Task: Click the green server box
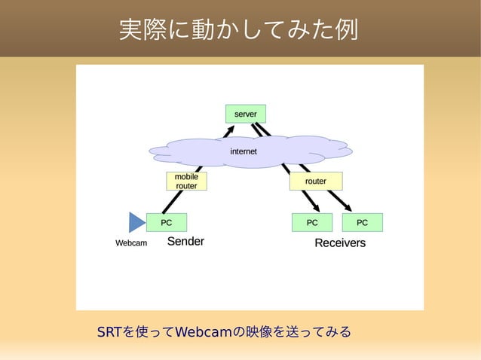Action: pyautogui.click(x=245, y=114)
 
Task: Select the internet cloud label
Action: pyautogui.click(x=243, y=151)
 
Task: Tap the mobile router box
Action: pyautogui.click(x=186, y=181)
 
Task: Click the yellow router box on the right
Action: pyautogui.click(x=315, y=181)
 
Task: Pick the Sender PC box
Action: pyautogui.click(x=166, y=222)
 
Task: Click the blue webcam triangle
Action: pyautogui.click(x=136, y=222)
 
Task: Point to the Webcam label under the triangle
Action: pyautogui.click(x=130, y=243)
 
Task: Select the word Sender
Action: pyautogui.click(x=185, y=242)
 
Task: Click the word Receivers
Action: pyautogui.click(x=339, y=243)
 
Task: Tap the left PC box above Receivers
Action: pyautogui.click(x=311, y=222)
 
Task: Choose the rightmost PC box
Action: pyautogui.click(x=362, y=222)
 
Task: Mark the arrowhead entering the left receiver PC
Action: pyautogui.click(x=316, y=209)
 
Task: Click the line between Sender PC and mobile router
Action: pyautogui.click(x=173, y=202)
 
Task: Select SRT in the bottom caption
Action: pyautogui.click(x=109, y=331)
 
